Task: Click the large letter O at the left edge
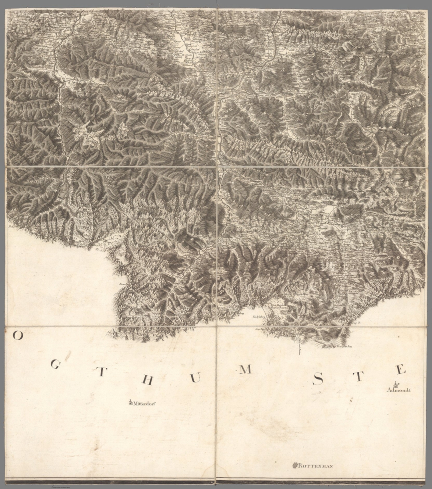point(18,336)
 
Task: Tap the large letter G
point(55,366)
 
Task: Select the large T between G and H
point(100,373)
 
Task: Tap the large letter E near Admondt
point(401,370)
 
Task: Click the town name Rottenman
point(315,466)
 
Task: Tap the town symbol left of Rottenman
point(295,466)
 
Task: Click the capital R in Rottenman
point(300,466)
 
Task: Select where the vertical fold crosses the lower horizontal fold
point(216,327)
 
